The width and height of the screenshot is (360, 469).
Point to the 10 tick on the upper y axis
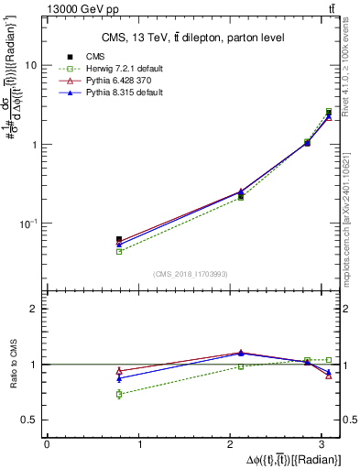coord(31,66)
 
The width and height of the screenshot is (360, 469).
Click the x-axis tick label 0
coord(47,445)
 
